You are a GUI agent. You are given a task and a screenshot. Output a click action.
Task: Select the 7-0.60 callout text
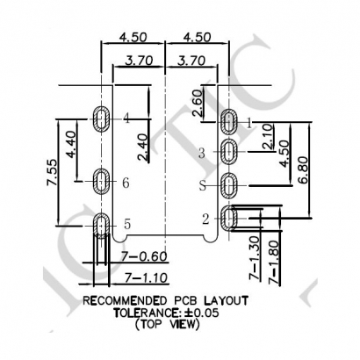(x=123, y=256)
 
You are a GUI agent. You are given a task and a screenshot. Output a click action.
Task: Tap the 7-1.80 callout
(x=275, y=260)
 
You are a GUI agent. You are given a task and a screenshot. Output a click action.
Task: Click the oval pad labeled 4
(x=102, y=118)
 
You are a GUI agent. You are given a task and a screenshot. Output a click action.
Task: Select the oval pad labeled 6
(x=102, y=183)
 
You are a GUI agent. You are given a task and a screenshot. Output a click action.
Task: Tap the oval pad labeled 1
(x=230, y=121)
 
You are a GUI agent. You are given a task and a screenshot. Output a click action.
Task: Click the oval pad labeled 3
(x=230, y=152)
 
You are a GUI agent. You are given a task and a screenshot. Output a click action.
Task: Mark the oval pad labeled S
(x=230, y=186)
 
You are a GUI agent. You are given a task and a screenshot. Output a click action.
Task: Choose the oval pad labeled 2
(x=230, y=218)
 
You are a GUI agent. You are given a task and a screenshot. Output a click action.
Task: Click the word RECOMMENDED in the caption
(x=128, y=300)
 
